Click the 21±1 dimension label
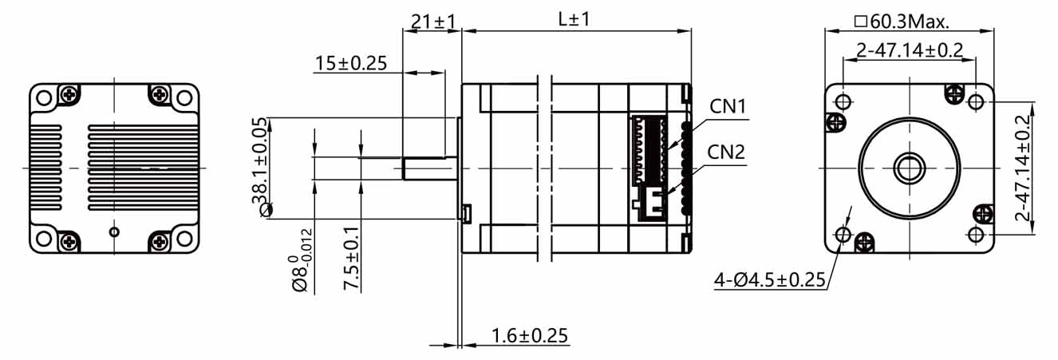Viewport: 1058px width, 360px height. pyautogui.click(x=432, y=21)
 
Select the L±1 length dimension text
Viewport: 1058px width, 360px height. pyautogui.click(x=574, y=20)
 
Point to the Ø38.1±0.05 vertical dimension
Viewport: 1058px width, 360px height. pyautogui.click(x=261, y=167)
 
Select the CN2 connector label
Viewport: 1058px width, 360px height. pyautogui.click(x=725, y=152)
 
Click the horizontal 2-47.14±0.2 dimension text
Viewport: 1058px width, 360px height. pyautogui.click(x=909, y=50)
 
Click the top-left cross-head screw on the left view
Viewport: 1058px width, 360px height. pyautogui.click(x=70, y=95)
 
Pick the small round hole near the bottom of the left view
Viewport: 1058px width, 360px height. pyautogui.click(x=114, y=232)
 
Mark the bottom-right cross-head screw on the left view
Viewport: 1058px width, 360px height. pyautogui.click(x=159, y=239)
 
